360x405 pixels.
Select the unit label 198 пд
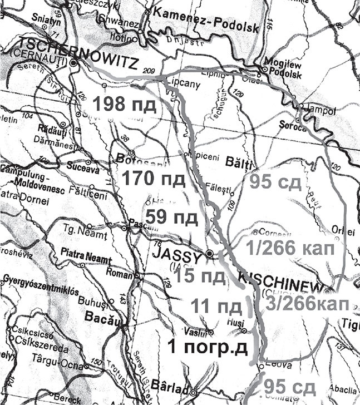[124, 104]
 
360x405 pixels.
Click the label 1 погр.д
[206, 349]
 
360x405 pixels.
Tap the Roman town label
[122, 274]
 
